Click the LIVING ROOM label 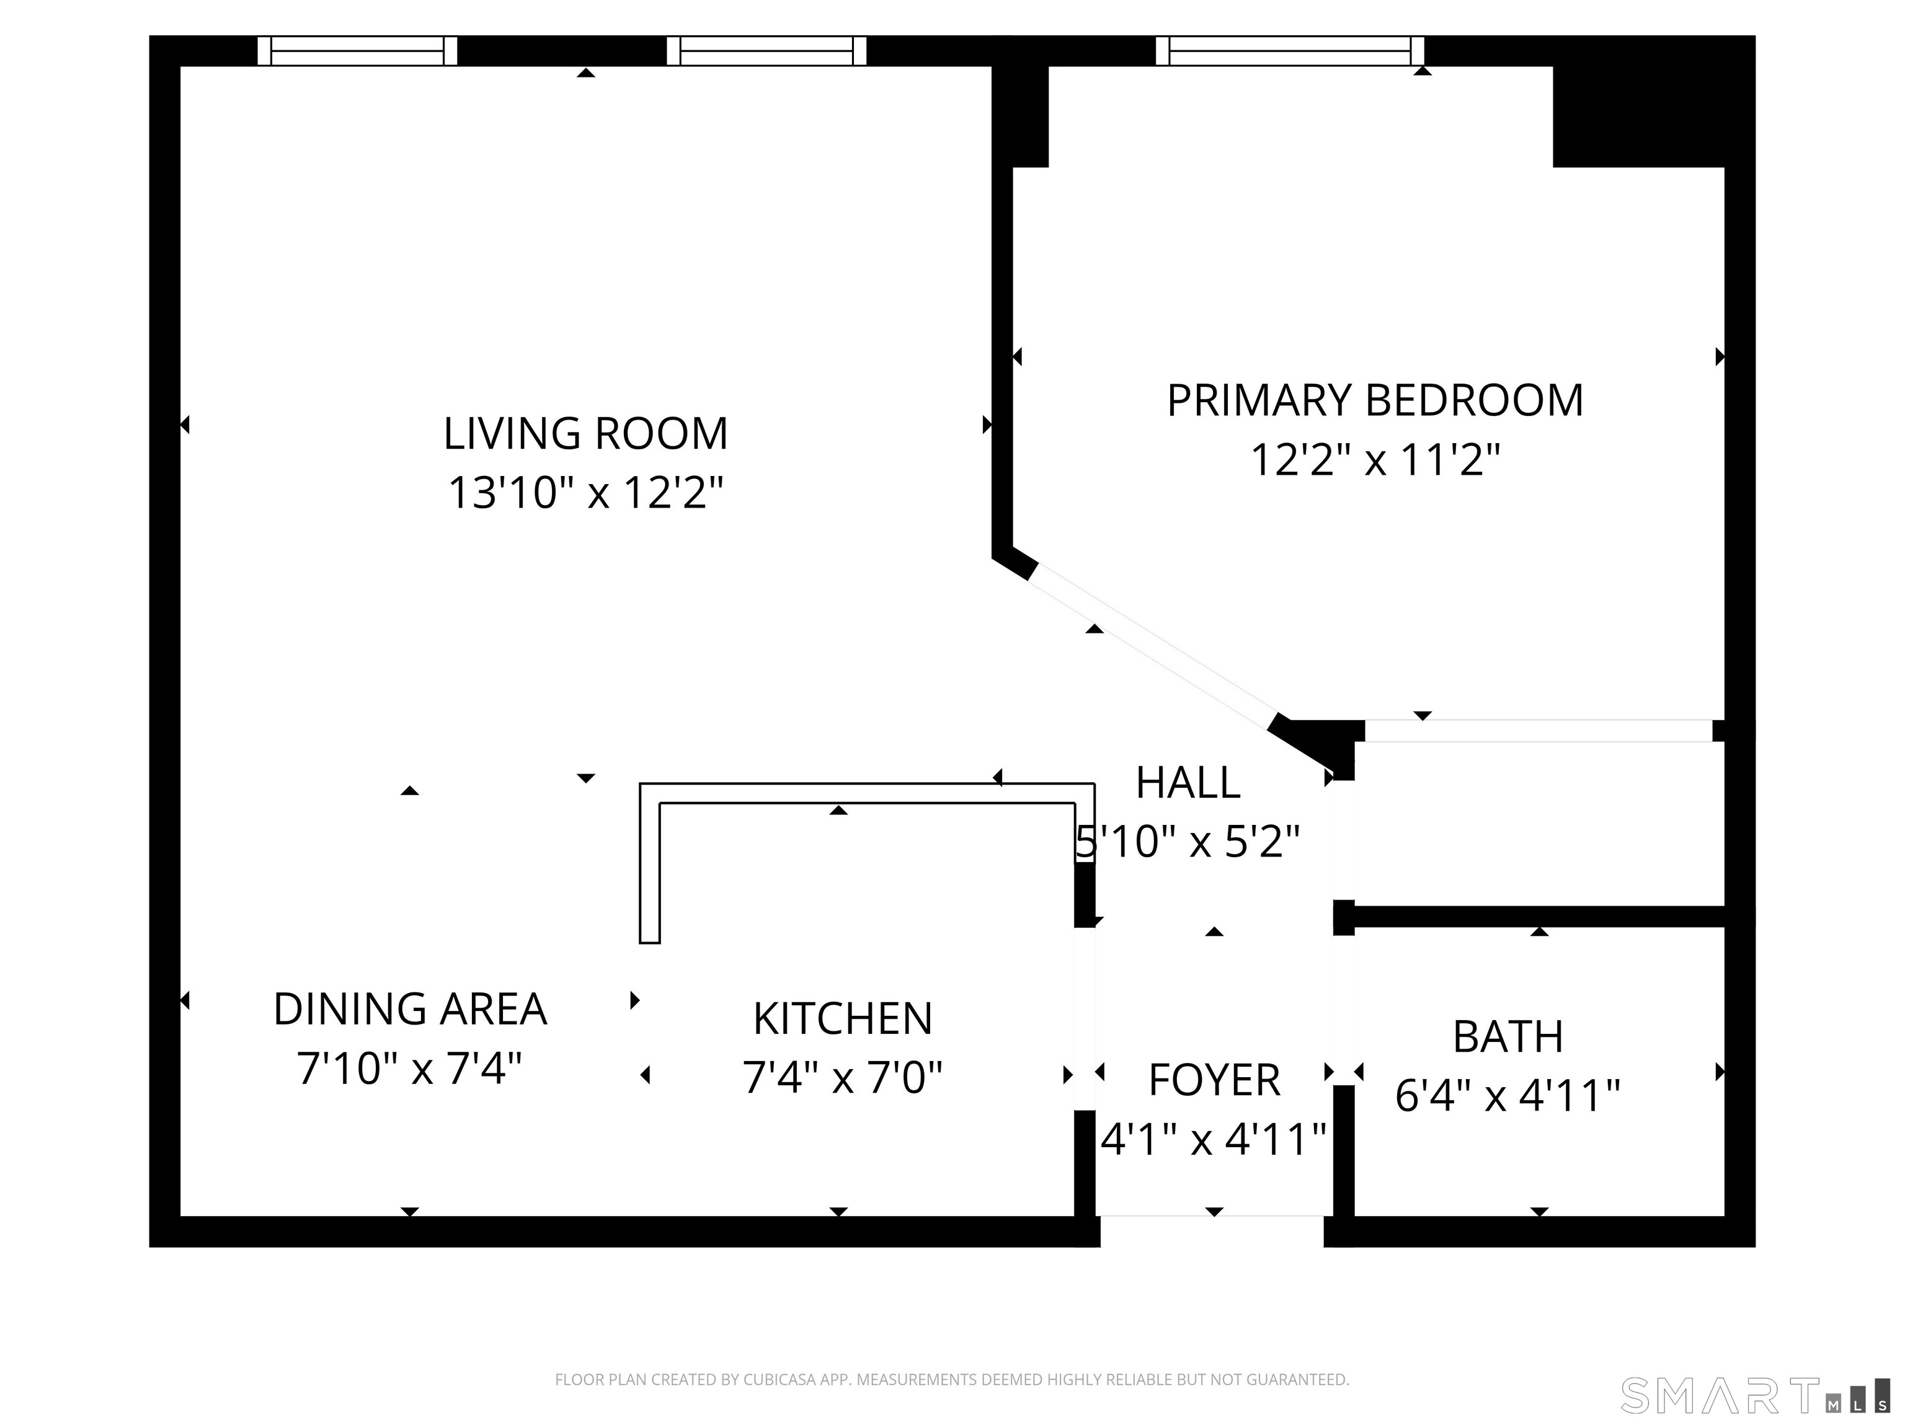click(585, 433)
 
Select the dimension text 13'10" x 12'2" click(585, 493)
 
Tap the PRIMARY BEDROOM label click(1375, 400)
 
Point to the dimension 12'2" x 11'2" click(1375, 460)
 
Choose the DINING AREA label click(410, 1009)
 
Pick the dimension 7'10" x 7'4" click(410, 1068)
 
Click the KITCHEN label click(842, 1018)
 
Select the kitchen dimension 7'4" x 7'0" click(842, 1077)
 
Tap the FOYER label click(1214, 1080)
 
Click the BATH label click(1507, 1036)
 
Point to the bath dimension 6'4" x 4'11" click(1507, 1096)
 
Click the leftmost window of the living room click(357, 51)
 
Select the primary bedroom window click(1289, 51)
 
